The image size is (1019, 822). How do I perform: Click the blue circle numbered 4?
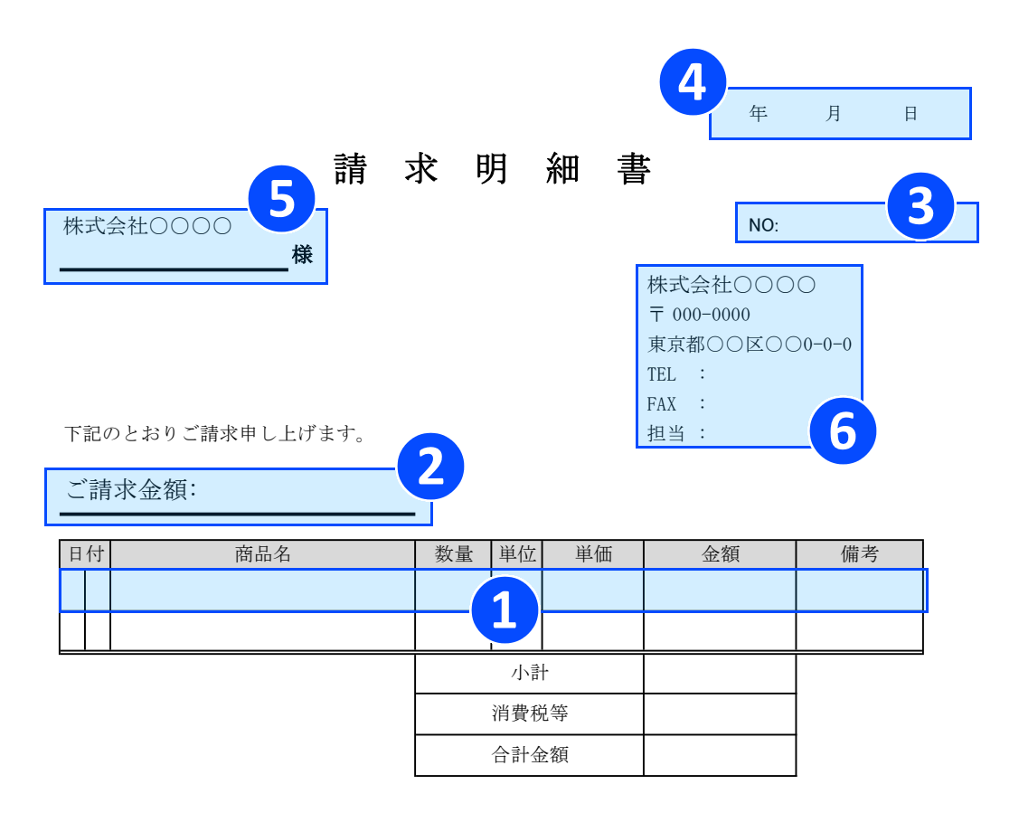693,82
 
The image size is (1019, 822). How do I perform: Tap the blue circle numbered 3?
920,206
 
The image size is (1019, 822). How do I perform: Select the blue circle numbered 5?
281,199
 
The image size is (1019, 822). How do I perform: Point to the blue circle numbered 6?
842,430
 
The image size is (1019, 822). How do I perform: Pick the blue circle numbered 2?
430,468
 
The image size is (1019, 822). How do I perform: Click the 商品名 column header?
263,554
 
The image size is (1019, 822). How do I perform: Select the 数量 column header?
454,554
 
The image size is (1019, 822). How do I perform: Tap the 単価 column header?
593,554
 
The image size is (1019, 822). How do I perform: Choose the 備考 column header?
859,554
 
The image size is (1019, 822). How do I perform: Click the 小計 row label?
530,673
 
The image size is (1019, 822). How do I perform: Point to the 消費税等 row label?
530,713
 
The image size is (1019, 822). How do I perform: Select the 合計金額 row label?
530,755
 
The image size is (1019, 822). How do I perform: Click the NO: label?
763,225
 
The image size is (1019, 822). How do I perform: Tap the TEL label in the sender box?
662,374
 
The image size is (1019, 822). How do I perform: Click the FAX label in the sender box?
662,404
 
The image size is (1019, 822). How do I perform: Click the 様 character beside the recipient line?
302,255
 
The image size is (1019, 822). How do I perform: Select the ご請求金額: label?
131,490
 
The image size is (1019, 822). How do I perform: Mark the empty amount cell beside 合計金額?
720,755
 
